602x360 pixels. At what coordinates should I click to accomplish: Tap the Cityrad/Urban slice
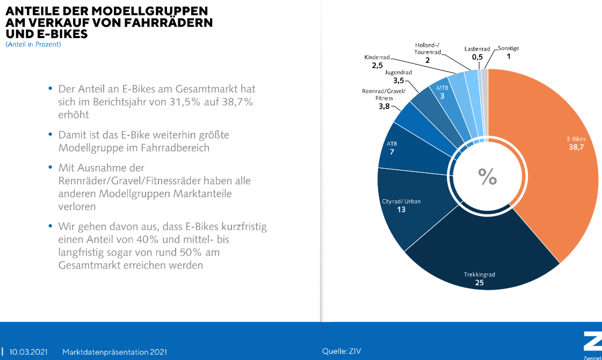coord(408,215)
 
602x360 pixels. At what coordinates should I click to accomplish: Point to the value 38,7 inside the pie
coord(576,147)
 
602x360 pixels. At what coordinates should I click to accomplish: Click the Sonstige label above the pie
coord(508,48)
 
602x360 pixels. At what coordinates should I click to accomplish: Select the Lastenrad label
coord(477,49)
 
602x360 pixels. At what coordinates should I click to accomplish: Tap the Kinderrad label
coord(376,57)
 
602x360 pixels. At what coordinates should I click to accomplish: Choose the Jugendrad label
coord(398,72)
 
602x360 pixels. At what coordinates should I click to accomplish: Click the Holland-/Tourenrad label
coord(427,48)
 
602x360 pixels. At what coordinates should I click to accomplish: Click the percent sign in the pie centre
coord(488,176)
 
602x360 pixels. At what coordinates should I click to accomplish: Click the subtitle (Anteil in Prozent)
coord(33,45)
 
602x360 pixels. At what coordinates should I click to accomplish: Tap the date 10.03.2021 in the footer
coord(28,352)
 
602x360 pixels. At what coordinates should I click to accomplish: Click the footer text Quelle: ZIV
coord(342,351)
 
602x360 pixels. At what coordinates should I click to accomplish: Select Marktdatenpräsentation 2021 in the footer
coord(114,352)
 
